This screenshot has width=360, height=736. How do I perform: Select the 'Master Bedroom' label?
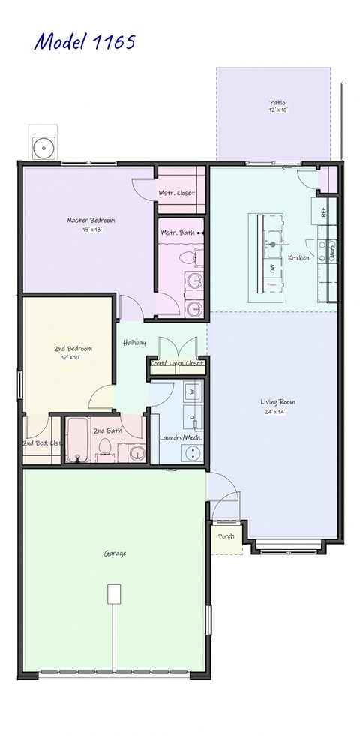pyautogui.click(x=91, y=220)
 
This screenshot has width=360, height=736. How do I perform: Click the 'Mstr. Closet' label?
pyautogui.click(x=177, y=193)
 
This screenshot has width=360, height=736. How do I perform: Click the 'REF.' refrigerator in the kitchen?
pyautogui.click(x=324, y=212)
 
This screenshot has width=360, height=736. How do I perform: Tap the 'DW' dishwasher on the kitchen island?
pyautogui.click(x=272, y=268)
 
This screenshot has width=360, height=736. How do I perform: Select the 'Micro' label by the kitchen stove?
pyautogui.click(x=332, y=251)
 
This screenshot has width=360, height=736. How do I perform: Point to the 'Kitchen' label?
pyautogui.click(x=299, y=257)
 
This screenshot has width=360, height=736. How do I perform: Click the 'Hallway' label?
pyautogui.click(x=134, y=343)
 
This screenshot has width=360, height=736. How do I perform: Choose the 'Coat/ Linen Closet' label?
pyautogui.click(x=177, y=364)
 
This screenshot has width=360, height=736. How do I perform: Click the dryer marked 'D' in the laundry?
pyautogui.click(x=192, y=417)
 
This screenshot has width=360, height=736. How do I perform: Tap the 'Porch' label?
pyautogui.click(x=226, y=536)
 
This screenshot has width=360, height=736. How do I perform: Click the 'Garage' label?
pyautogui.click(x=115, y=554)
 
